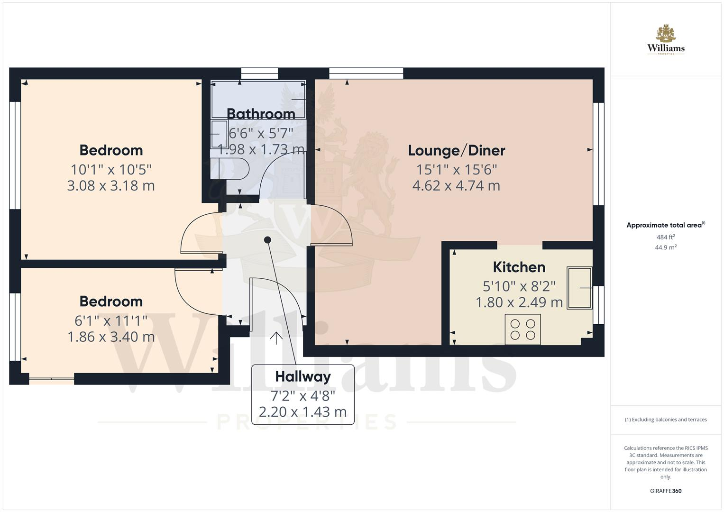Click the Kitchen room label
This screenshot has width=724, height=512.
tap(519, 267)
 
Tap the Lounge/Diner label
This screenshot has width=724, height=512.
tap(457, 151)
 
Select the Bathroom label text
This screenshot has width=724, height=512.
tap(261, 114)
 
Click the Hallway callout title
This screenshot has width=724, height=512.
tap(303, 377)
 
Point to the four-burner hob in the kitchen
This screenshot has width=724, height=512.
tap(522, 329)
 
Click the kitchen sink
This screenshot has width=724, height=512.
tap(579, 288)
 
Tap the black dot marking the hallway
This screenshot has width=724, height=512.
tap(267, 240)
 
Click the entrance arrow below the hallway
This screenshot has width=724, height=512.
tap(276, 338)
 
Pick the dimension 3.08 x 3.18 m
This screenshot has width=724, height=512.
tap(111, 186)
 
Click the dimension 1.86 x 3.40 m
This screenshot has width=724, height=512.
tap(111, 337)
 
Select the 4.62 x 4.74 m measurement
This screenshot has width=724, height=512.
tap(456, 186)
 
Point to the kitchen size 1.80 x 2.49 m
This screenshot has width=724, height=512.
tap(519, 302)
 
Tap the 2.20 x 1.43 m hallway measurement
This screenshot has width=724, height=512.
tap(303, 412)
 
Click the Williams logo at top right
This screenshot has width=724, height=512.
tap(666, 40)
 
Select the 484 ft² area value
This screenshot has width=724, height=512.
tap(666, 237)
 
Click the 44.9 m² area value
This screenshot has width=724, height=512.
tap(666, 247)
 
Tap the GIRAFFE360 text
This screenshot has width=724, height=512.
tap(666, 491)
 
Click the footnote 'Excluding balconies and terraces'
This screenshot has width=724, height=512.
tap(666, 420)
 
